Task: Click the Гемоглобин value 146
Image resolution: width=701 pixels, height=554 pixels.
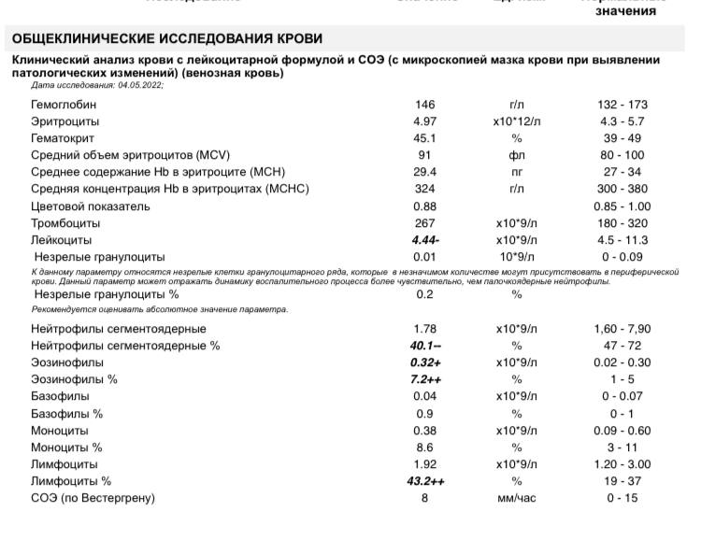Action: pos(425,105)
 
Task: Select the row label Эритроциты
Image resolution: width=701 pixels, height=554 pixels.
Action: pos(64,121)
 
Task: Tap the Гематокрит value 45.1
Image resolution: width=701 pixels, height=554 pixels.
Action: pos(425,138)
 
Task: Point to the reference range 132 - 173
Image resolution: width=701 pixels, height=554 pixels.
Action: pos(625,105)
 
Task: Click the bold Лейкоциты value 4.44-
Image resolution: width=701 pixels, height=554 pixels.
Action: pos(425,240)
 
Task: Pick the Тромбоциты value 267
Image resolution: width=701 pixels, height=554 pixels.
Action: pos(425,223)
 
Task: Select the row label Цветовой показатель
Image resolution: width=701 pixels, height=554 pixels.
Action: pos(90,206)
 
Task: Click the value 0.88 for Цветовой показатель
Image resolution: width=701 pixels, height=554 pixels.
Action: pos(425,206)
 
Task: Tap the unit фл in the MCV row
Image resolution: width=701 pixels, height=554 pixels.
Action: pos(517,155)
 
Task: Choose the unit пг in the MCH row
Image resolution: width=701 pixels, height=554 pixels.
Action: pos(517,172)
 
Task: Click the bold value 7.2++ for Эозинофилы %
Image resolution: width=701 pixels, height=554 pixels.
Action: pos(426,380)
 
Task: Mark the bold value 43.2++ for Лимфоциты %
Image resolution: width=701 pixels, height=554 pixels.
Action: pos(426,481)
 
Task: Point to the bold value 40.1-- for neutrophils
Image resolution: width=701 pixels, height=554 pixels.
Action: pos(426,346)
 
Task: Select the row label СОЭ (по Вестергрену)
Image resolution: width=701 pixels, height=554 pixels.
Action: pos(93,498)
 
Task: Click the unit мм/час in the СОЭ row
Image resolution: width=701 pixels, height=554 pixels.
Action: pos(517,498)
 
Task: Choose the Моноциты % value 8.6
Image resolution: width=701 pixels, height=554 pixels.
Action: pos(425,447)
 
